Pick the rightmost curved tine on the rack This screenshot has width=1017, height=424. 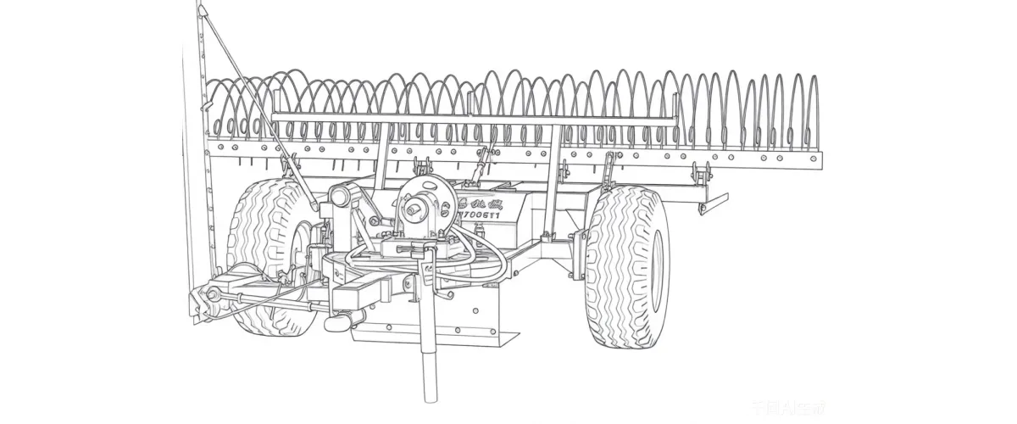tap(814, 110)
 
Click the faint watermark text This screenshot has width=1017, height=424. tap(800, 410)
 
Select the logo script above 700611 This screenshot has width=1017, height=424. tap(479, 202)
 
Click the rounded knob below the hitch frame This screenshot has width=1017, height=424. tap(336, 323)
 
